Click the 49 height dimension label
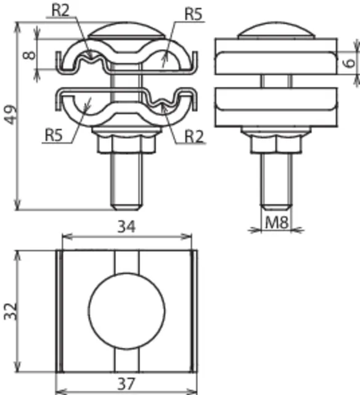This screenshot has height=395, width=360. coord(11,114)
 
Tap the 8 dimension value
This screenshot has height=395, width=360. coord(29,55)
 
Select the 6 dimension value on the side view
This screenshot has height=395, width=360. coord(350,62)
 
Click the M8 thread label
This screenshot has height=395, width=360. coord(277,222)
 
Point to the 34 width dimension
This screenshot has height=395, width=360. coord(126,227)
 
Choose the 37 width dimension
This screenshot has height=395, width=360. coord(126,383)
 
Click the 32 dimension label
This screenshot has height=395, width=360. coord(11,311)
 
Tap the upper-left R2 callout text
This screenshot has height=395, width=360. coord(60,10)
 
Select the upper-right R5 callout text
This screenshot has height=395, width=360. coord(193,14)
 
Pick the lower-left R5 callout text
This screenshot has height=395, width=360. coord(54,135)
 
